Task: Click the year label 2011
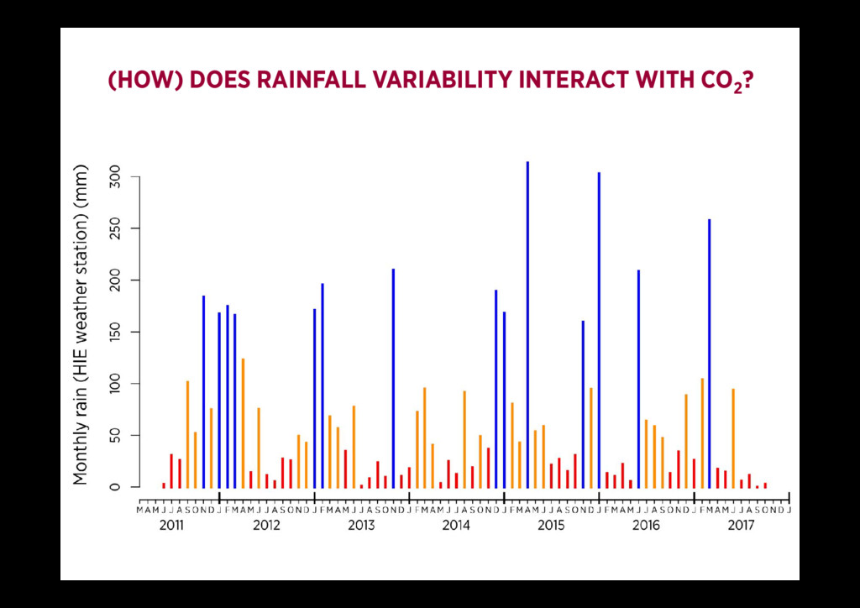click(x=171, y=526)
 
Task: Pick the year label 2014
click(x=456, y=526)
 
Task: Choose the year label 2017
click(x=741, y=526)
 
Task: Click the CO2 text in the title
click(x=721, y=81)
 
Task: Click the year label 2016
click(x=646, y=526)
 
